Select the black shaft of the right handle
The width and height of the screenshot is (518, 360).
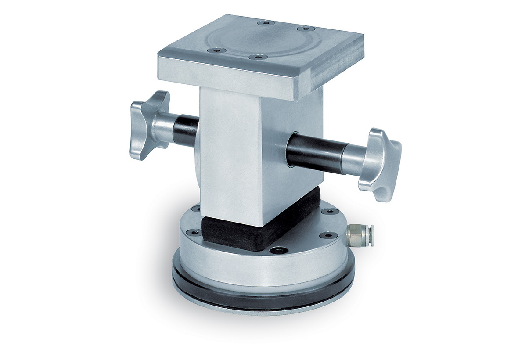coord(314,154)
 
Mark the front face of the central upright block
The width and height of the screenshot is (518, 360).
coord(233,154)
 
